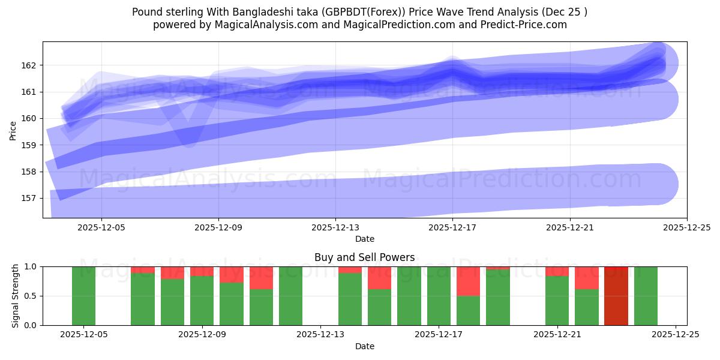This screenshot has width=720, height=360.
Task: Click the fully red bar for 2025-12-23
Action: tap(616, 296)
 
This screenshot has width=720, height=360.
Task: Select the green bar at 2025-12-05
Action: tap(83, 296)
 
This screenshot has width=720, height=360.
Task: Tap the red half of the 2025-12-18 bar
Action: tap(468, 281)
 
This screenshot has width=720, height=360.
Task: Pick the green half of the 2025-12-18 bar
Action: tap(468, 311)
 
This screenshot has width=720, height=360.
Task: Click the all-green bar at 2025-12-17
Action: tap(439, 296)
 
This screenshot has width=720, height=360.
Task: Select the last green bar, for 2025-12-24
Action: tap(646, 296)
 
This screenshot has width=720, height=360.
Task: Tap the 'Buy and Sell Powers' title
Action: tap(364, 257)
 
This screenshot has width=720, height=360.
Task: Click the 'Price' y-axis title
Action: tap(13, 130)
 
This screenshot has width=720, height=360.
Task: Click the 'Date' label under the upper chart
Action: tap(364, 239)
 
